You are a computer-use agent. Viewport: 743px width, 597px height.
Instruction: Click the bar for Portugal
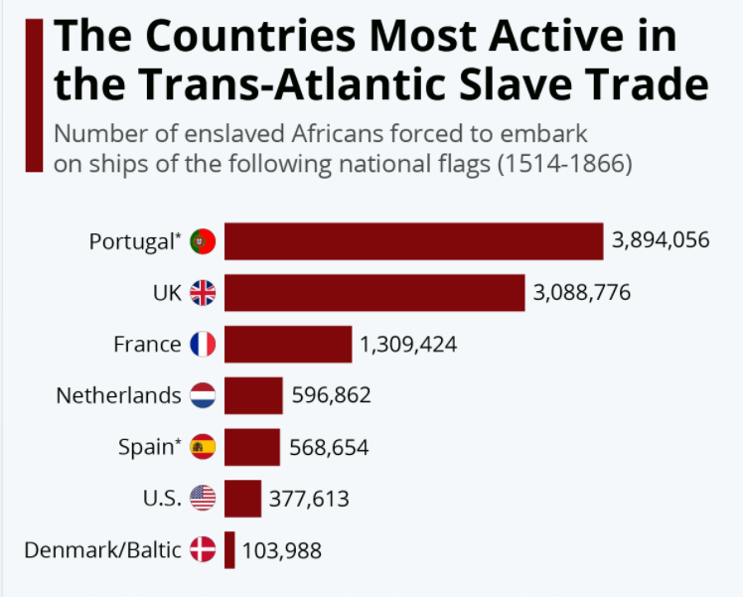point(413,241)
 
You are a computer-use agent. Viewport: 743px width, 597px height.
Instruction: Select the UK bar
point(373,293)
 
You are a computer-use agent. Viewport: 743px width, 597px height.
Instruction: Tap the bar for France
point(288,345)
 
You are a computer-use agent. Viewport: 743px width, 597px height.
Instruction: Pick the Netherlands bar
point(253,395)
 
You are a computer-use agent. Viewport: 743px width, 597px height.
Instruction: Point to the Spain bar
point(252,447)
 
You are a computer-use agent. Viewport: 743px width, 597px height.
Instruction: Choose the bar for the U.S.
point(242,499)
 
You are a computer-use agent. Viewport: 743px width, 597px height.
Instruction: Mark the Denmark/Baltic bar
point(229,550)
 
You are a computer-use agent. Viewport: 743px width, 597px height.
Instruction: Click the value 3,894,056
point(661,241)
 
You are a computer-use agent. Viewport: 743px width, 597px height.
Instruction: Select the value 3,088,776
point(582,293)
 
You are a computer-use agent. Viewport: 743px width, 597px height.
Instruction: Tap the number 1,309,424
point(408,345)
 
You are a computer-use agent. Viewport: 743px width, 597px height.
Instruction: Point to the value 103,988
point(282,550)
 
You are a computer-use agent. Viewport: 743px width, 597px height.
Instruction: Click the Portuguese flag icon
point(203,241)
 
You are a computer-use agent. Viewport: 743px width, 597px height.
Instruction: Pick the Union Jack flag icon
point(203,293)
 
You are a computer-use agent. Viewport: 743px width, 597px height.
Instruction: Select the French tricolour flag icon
point(203,345)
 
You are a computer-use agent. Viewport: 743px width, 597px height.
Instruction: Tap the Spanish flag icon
point(203,447)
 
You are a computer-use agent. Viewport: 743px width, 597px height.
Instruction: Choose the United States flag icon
point(203,499)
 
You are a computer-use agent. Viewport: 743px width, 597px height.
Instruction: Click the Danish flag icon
point(203,550)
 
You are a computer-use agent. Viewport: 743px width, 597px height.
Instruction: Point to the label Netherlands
point(118,395)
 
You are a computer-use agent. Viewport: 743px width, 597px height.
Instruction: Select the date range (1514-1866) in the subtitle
point(563,164)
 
